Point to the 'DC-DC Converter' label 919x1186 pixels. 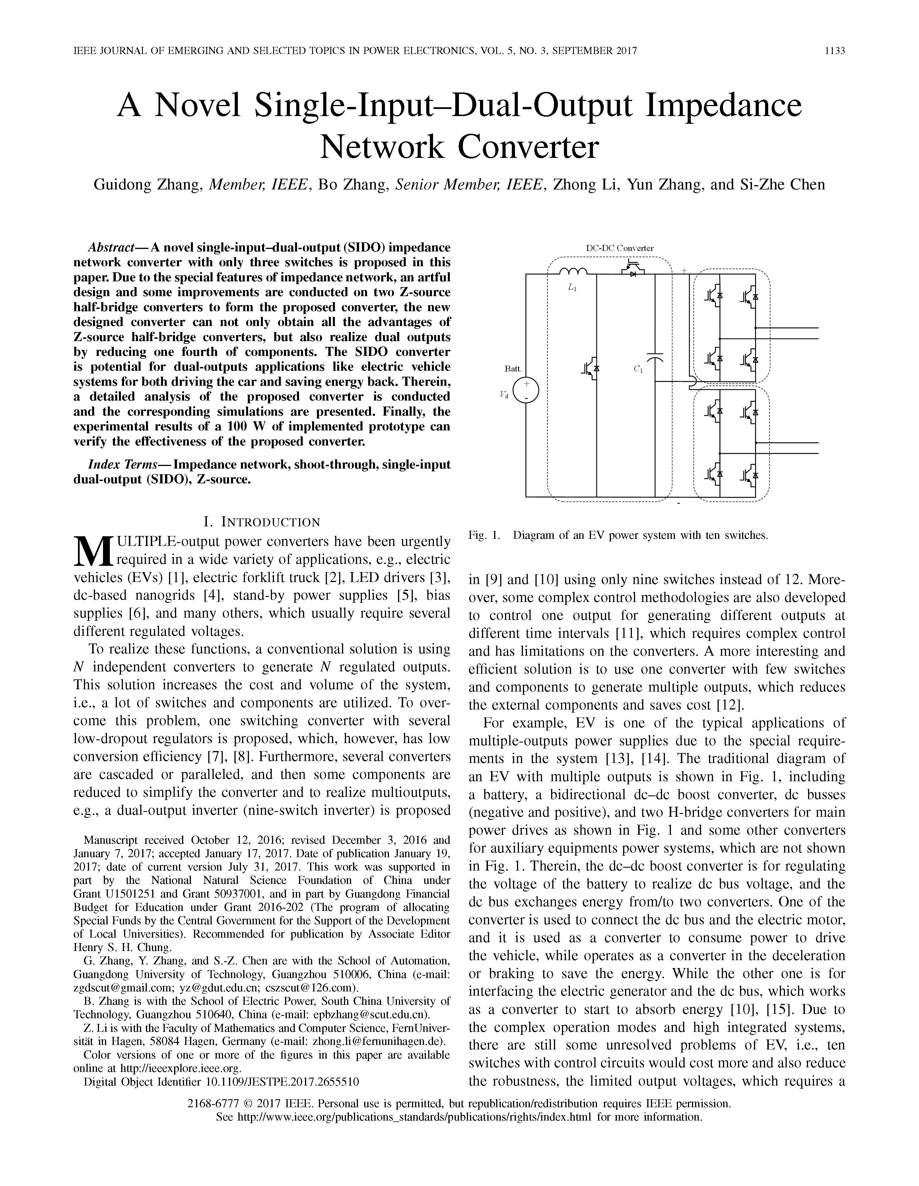coord(620,248)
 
